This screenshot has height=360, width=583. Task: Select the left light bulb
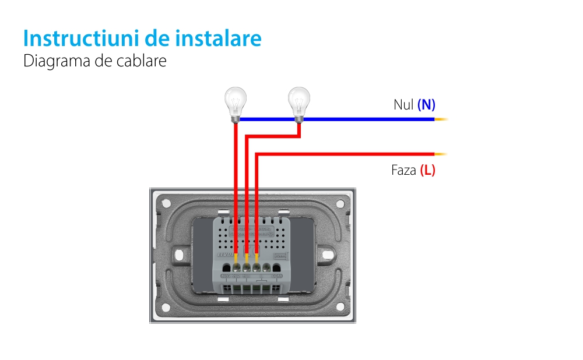click(x=235, y=104)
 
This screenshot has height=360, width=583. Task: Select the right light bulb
click(x=299, y=104)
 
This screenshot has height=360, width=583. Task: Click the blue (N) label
click(x=426, y=105)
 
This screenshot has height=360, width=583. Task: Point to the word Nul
click(x=403, y=105)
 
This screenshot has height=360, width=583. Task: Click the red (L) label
click(x=427, y=171)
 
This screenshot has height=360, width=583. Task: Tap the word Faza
click(x=404, y=171)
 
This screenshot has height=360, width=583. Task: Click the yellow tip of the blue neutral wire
click(x=441, y=119)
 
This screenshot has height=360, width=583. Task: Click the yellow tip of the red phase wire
click(x=441, y=154)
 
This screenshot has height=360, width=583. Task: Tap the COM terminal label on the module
click(x=277, y=276)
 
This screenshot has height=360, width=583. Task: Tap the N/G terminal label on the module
click(x=226, y=276)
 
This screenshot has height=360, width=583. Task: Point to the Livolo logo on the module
click(x=225, y=255)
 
